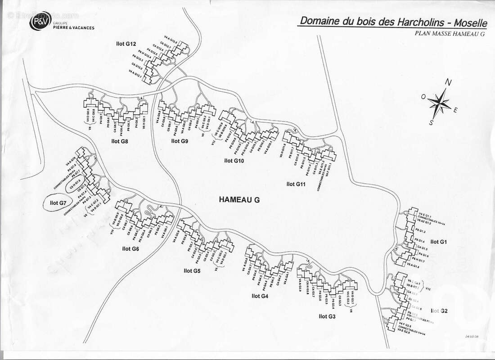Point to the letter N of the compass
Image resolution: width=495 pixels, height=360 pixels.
pos(448,82)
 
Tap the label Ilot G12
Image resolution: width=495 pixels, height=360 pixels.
pos(125,44)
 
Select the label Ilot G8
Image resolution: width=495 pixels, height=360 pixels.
pos(120,141)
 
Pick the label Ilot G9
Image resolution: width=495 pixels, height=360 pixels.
pos(180,141)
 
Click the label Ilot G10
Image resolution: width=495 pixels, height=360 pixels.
pos(234,160)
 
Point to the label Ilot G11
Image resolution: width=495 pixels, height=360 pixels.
pos(296,184)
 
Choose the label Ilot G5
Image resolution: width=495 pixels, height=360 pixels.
pos(192,271)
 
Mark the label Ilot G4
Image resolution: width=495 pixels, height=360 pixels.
pos(260,296)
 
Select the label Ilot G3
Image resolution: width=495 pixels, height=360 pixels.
pos(327,316)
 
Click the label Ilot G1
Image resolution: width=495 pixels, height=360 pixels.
pos(439,242)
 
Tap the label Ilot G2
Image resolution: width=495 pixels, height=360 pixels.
pos(439,311)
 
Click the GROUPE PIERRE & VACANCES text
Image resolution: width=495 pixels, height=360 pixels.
pos(75,25)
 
